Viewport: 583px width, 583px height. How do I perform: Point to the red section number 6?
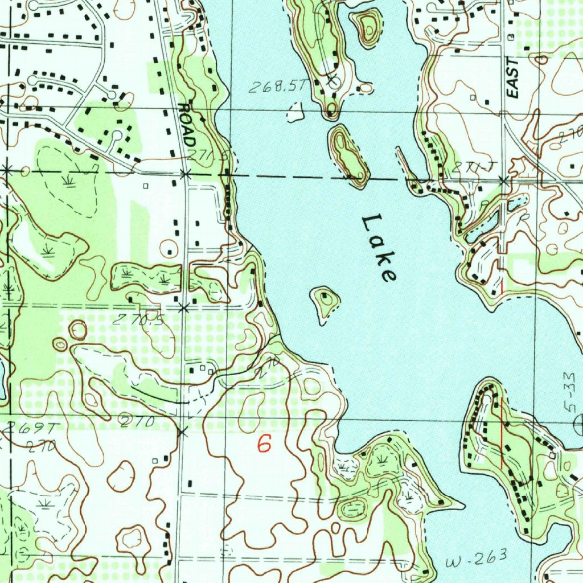[264, 444]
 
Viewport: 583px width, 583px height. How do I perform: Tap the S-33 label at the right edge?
[572, 388]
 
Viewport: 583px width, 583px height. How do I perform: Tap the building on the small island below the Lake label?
[325, 297]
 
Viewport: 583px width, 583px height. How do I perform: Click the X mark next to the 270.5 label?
[183, 308]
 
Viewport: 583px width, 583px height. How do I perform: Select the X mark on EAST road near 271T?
[503, 181]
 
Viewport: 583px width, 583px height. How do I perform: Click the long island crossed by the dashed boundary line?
[349, 157]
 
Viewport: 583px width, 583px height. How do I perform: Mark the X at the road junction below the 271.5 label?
[185, 174]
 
